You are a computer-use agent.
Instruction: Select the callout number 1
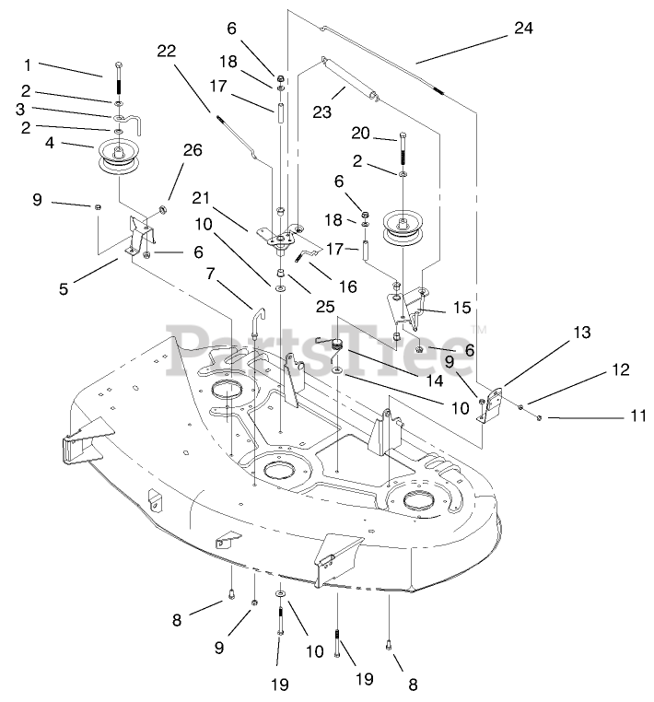[28, 64]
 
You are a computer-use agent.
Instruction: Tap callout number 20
[360, 133]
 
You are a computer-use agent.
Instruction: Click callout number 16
[346, 287]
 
